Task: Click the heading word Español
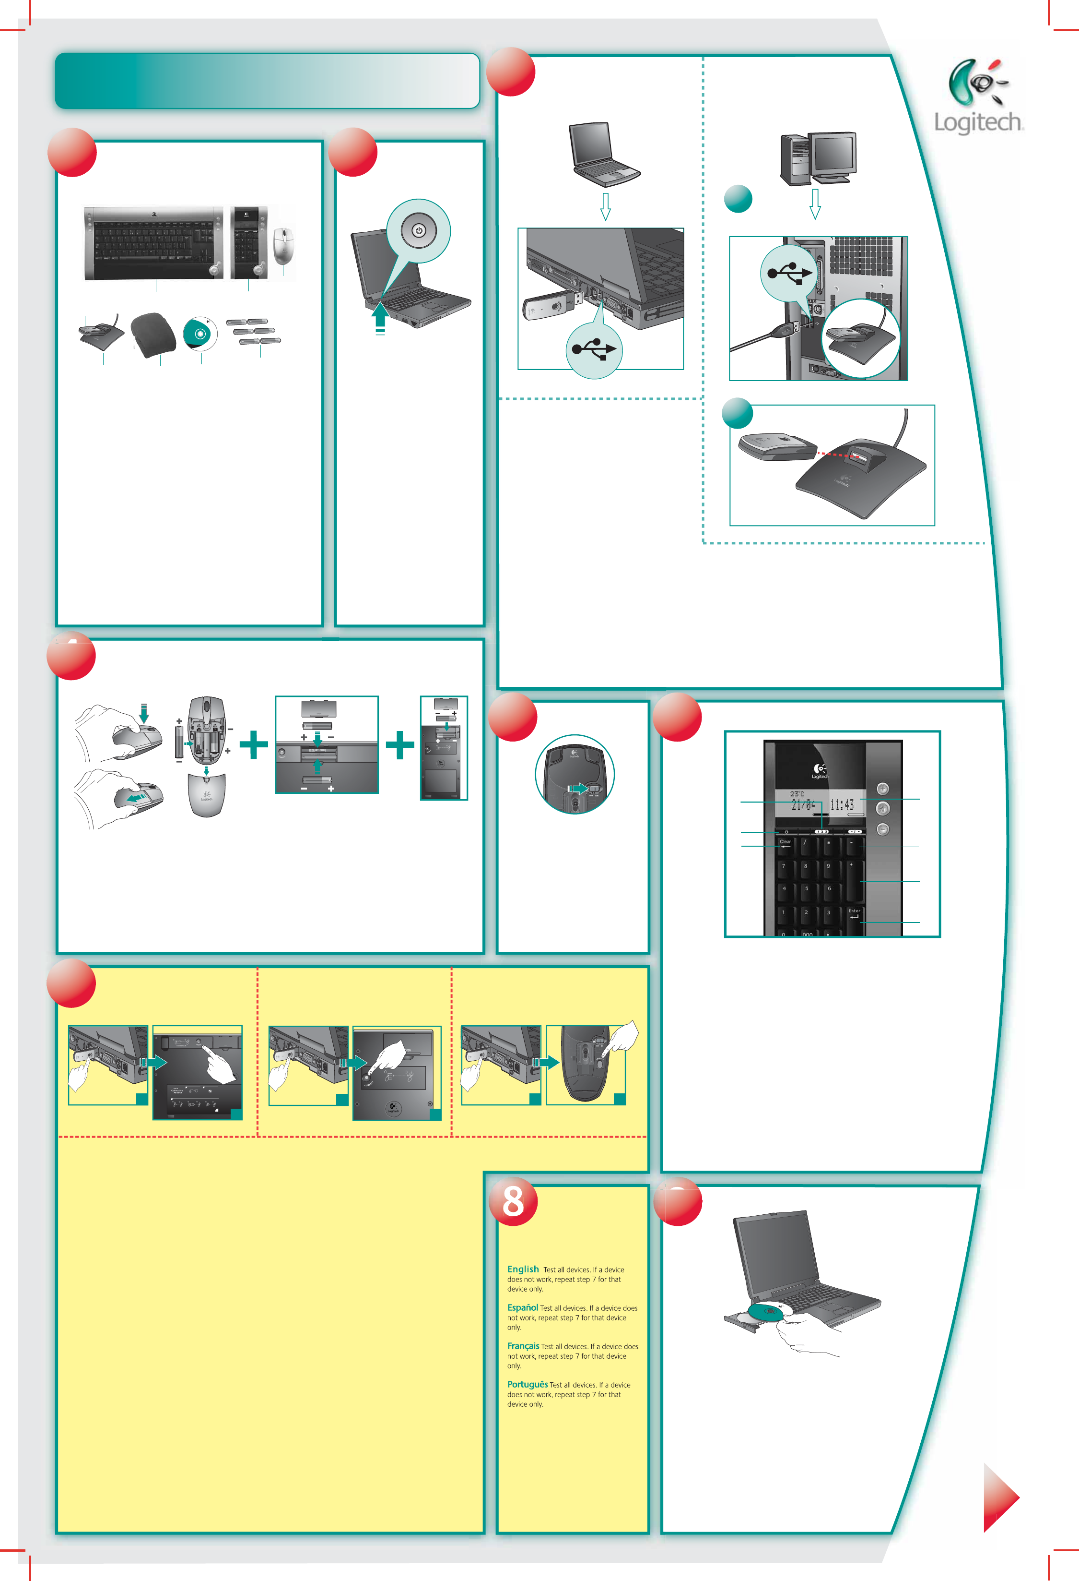[522, 1307]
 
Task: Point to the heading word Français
[523, 1346]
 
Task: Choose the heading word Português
[527, 1384]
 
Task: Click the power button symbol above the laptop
[419, 230]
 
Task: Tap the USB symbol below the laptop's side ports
[594, 349]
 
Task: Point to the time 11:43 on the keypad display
[841, 805]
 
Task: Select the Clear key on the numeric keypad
[786, 844]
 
